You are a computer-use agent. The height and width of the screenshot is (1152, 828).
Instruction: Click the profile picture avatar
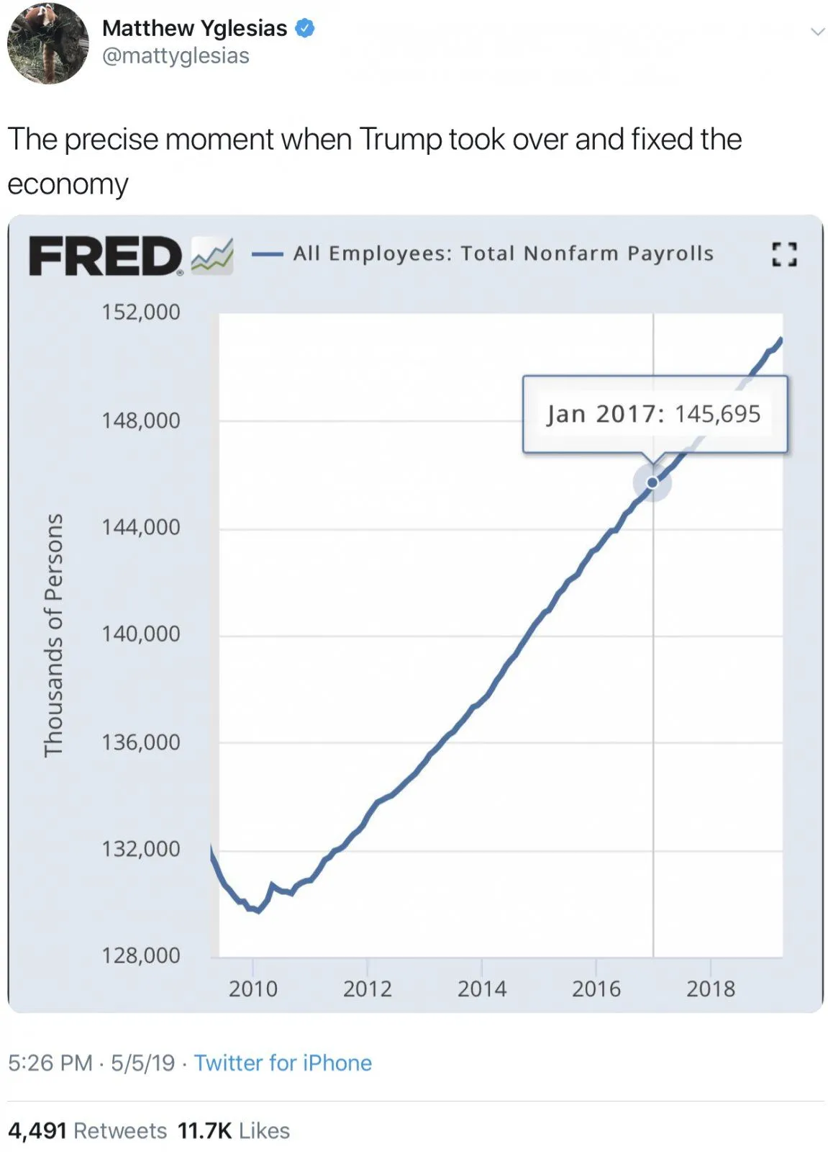[x=47, y=43]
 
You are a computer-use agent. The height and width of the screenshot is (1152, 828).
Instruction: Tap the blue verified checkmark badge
[x=305, y=28]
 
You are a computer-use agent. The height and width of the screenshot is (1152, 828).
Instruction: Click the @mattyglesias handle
[x=176, y=56]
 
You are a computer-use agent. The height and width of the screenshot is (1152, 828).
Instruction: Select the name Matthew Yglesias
[x=194, y=28]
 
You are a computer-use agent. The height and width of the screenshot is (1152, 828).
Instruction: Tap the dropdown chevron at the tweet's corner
[x=817, y=32]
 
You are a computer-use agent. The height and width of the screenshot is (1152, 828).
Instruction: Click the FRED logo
[x=106, y=256]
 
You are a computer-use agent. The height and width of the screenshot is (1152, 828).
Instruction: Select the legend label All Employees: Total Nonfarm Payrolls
[x=503, y=253]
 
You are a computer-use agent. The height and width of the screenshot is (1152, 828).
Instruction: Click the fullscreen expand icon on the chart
[x=783, y=254]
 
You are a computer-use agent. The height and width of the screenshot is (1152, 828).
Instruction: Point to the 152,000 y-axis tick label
[x=141, y=312]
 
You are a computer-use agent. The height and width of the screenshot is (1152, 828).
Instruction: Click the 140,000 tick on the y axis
[x=141, y=634]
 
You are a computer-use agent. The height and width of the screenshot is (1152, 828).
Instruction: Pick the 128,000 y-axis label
[x=141, y=956]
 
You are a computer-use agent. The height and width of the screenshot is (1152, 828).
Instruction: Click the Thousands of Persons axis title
[x=54, y=634]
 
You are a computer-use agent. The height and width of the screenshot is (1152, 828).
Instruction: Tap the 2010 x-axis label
[x=253, y=989]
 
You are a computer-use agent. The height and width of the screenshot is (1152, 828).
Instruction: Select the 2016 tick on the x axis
[x=596, y=989]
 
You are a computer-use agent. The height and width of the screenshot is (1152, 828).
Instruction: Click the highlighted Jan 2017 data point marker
[x=652, y=482]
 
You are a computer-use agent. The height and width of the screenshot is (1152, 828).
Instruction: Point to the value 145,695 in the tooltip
[x=717, y=414]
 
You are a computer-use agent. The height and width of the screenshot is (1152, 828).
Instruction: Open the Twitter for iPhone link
[x=283, y=1063]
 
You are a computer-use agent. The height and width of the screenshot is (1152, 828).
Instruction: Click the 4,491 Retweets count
[x=87, y=1130]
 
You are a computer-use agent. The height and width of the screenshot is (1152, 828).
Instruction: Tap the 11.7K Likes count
[x=234, y=1130]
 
